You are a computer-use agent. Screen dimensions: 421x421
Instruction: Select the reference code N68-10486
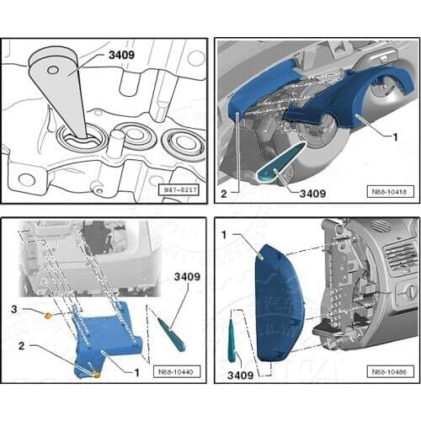(386, 372)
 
